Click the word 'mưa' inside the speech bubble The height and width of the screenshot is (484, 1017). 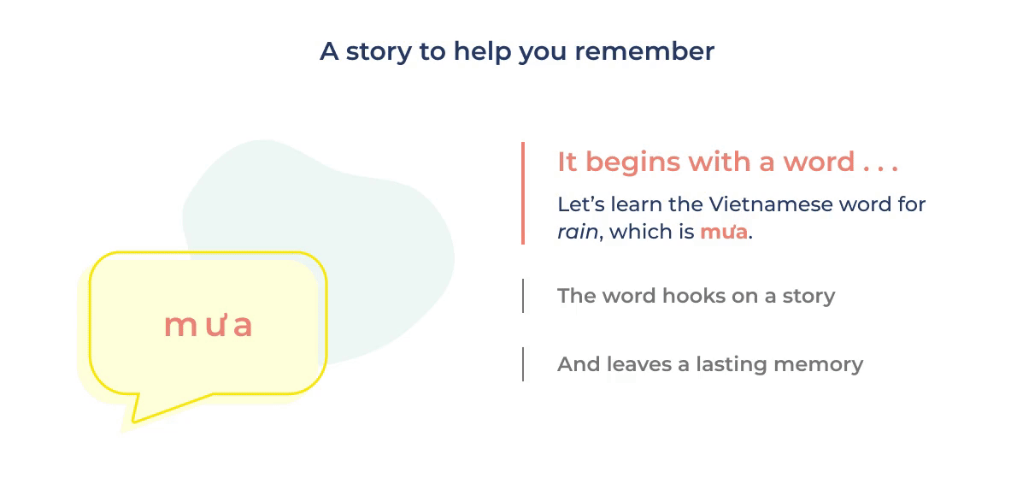point(208,326)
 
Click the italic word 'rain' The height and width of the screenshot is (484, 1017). point(577,233)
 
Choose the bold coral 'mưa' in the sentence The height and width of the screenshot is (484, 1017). point(724,233)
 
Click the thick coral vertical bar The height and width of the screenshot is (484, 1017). point(523,192)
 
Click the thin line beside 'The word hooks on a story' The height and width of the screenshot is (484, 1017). point(523,296)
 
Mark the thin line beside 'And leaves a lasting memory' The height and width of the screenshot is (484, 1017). point(523,364)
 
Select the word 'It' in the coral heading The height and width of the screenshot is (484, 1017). point(567,162)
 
